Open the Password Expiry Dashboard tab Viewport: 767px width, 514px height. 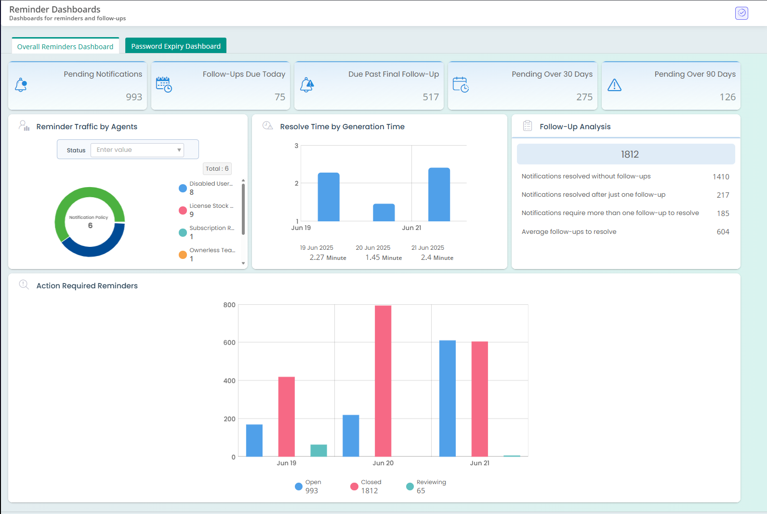click(176, 46)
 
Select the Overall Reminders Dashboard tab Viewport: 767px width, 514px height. click(66, 47)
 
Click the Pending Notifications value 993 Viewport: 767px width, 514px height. click(134, 97)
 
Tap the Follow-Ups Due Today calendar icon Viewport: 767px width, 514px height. click(164, 84)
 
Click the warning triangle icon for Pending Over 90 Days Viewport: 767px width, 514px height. click(614, 85)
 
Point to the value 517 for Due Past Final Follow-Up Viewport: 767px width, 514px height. click(431, 97)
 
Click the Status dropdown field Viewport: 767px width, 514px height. click(137, 150)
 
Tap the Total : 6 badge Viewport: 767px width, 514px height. click(217, 169)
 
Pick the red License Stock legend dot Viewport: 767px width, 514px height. click(183, 210)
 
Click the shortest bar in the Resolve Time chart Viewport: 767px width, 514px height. click(384, 213)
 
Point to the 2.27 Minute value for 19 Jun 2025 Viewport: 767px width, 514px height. click(328, 257)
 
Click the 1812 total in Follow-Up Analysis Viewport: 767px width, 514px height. click(630, 154)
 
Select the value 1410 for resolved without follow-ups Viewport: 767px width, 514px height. click(721, 177)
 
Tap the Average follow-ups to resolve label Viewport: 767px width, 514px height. click(569, 232)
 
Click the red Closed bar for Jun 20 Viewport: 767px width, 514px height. click(383, 381)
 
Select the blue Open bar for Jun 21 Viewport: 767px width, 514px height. click(447, 398)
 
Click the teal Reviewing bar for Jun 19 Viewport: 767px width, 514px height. click(318, 450)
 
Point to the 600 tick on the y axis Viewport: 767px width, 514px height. click(229, 343)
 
